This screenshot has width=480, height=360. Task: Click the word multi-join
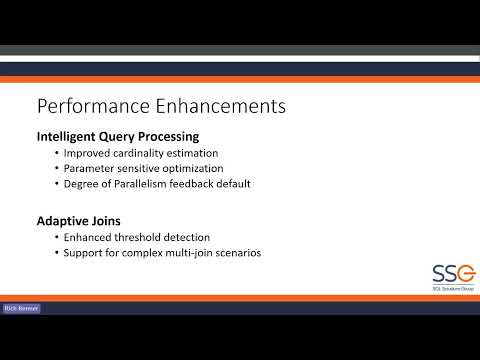click(192, 253)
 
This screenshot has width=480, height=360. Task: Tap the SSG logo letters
click(424, 270)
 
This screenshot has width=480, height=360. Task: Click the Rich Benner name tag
click(20, 309)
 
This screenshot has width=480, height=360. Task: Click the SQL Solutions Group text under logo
click(424, 289)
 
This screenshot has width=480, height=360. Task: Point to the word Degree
click(79, 184)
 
